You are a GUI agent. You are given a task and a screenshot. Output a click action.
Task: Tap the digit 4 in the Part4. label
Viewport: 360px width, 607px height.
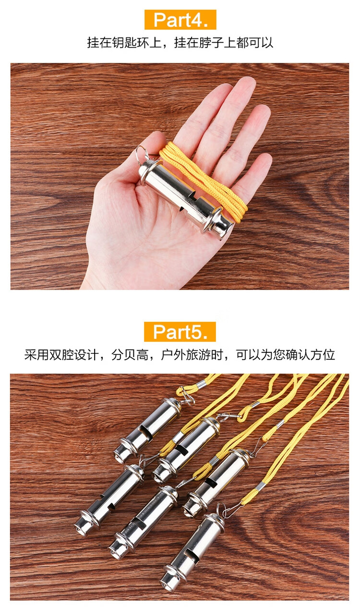click(194, 20)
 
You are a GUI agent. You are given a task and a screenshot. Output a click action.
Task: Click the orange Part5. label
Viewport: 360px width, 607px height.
click(180, 331)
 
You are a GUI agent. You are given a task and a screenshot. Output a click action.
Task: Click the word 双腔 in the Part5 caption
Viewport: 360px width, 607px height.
click(61, 354)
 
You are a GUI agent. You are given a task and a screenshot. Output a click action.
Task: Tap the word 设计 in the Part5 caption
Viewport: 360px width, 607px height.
click(86, 354)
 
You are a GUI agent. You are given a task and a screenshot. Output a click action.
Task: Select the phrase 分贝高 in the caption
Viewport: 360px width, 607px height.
click(130, 354)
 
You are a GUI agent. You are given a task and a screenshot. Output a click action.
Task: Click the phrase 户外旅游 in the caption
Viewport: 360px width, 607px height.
click(186, 354)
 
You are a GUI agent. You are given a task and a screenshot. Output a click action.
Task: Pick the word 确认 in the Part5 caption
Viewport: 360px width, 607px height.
click(298, 354)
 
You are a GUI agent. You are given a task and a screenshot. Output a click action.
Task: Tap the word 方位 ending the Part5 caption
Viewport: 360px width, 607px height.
click(323, 354)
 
